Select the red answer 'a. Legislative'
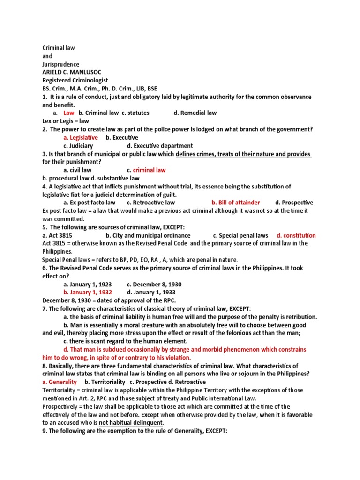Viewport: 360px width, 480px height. [x=81, y=137]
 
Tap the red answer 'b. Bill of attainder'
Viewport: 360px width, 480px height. [x=235, y=202]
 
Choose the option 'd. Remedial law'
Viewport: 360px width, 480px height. [x=195, y=112]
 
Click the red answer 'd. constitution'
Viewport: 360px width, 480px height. [x=296, y=235]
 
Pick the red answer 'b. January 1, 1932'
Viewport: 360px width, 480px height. [x=88, y=292]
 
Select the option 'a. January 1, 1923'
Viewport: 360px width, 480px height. [x=88, y=284]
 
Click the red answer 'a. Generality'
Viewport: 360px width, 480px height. [x=60, y=382]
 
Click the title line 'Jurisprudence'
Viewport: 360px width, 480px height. [x=61, y=64]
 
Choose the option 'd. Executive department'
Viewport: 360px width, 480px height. [x=159, y=146]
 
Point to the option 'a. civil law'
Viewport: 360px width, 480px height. [x=77, y=170]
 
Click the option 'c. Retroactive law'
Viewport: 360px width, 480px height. [x=150, y=202]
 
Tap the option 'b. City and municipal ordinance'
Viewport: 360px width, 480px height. [x=148, y=235]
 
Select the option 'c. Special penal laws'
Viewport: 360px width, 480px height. [x=240, y=235]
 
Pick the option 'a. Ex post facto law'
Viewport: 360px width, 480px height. [x=89, y=202]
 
